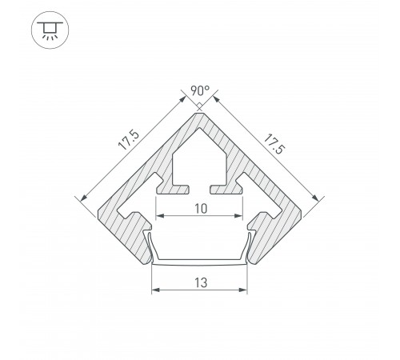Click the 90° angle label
point(200,90)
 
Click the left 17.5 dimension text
point(129,140)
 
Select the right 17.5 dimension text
point(274,144)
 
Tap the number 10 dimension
point(201,209)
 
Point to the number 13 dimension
point(201,282)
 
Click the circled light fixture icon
point(50,30)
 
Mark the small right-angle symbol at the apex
point(199,106)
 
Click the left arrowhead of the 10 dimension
point(159,215)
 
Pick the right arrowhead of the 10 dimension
point(238,215)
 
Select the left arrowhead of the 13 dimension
point(155,290)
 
